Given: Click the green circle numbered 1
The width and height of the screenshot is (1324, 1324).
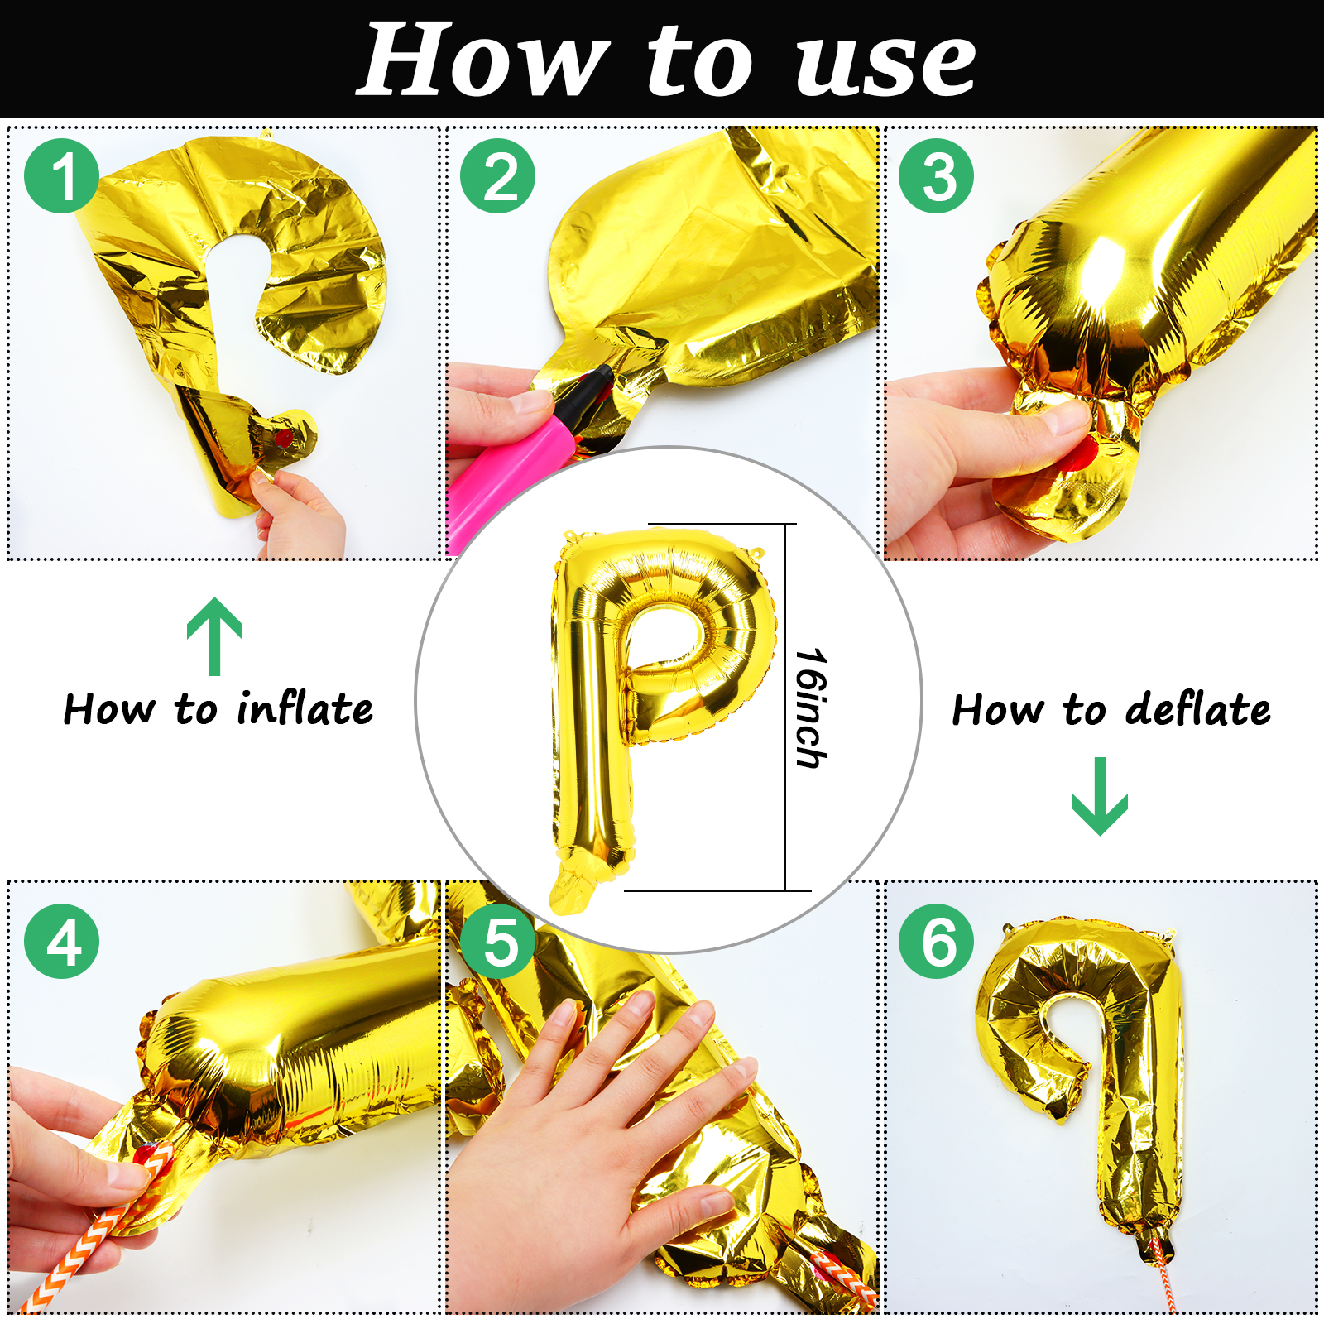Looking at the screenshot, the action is (x=62, y=176).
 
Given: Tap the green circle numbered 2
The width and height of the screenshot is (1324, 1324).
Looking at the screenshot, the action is (x=498, y=176).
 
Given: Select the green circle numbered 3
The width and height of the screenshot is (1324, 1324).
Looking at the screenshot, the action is (x=937, y=176).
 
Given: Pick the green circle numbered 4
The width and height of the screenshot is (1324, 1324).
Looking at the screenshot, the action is (x=62, y=942).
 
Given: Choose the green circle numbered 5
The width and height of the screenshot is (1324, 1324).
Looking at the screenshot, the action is (x=498, y=942).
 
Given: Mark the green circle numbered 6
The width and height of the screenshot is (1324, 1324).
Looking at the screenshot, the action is (x=937, y=942).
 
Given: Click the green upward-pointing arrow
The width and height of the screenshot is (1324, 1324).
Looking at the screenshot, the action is (x=215, y=636).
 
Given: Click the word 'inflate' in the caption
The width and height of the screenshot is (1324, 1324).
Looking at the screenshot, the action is (x=305, y=708).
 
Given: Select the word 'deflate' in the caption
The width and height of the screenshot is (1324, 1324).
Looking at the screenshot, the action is (x=1197, y=709).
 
